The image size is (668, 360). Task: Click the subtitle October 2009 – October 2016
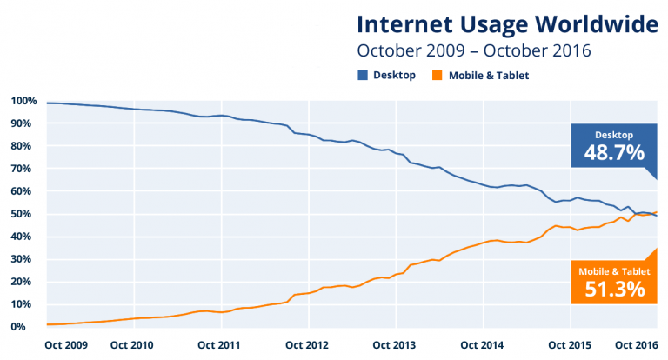click(x=474, y=50)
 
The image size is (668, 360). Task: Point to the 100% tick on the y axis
click(x=23, y=101)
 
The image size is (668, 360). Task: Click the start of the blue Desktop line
click(x=48, y=103)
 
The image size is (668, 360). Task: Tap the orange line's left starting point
click(x=48, y=324)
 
